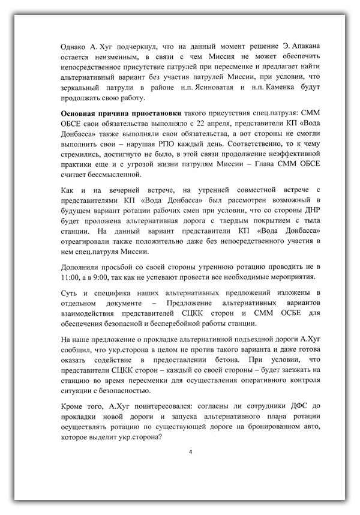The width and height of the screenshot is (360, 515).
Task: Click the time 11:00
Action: [x=72, y=278]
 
